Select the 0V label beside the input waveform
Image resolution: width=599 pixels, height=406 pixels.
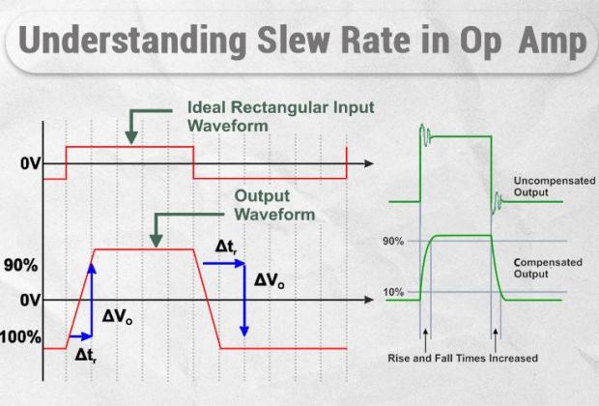point(30,164)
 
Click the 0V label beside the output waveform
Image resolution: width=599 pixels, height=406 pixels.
point(30,301)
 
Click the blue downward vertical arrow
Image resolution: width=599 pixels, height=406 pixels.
point(244,300)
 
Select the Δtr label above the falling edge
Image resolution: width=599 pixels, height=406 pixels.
point(226,247)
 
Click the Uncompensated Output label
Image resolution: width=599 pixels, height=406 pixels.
point(546,187)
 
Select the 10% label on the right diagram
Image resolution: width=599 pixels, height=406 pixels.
point(393,291)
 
